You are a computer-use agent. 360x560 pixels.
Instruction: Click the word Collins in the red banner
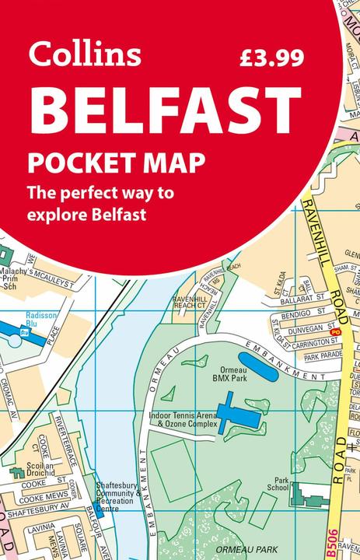click(85, 54)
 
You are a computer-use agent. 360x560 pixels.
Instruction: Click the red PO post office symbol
click(336, 332)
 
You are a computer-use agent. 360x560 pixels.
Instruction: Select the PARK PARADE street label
click(323, 356)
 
